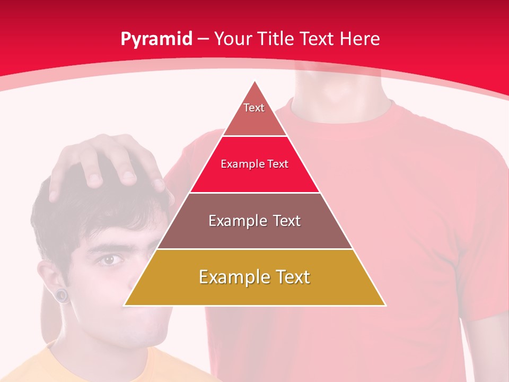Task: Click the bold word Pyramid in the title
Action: [156, 39]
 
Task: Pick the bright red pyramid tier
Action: [254, 164]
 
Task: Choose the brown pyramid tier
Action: [254, 221]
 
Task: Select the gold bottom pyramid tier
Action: [254, 277]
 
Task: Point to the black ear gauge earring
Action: [63, 295]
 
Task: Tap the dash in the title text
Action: [204, 39]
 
